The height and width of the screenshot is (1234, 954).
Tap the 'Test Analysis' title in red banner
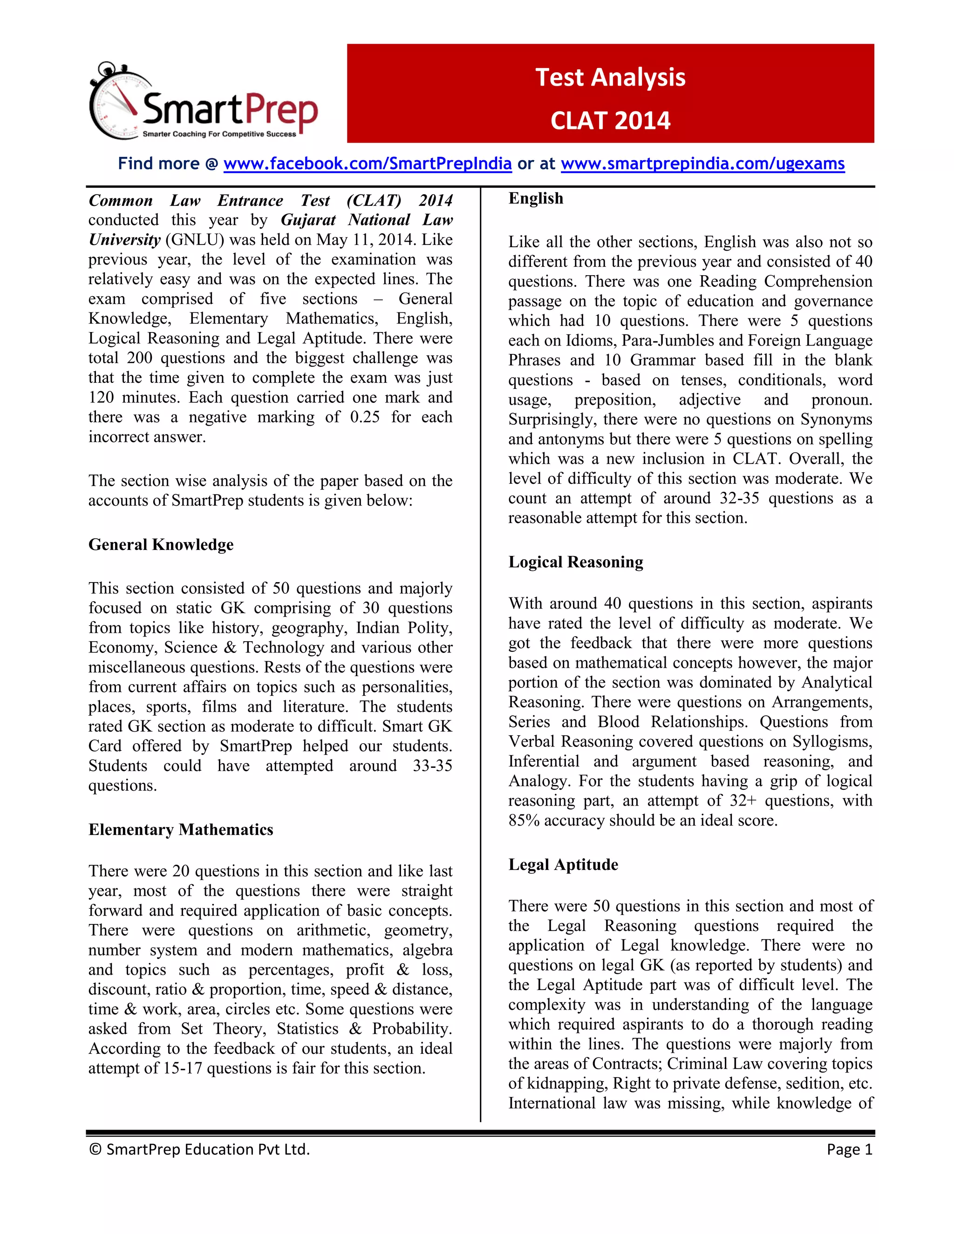tap(610, 77)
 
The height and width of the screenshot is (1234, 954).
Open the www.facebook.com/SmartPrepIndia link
tap(368, 164)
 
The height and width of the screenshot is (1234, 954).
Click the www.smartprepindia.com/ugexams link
tap(702, 164)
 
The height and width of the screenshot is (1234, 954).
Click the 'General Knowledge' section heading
tap(161, 545)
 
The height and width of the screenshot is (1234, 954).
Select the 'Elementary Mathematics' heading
tap(181, 829)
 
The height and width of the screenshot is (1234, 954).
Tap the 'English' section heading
tap(536, 198)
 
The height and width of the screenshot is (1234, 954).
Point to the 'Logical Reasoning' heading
tap(575, 562)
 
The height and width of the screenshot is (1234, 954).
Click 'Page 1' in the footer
tap(850, 1149)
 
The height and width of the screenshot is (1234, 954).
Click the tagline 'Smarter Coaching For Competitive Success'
tap(219, 135)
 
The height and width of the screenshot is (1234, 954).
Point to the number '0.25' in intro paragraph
tap(365, 418)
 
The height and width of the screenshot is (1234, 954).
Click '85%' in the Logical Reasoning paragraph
tap(524, 820)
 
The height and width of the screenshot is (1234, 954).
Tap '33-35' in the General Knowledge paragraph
tap(432, 766)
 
